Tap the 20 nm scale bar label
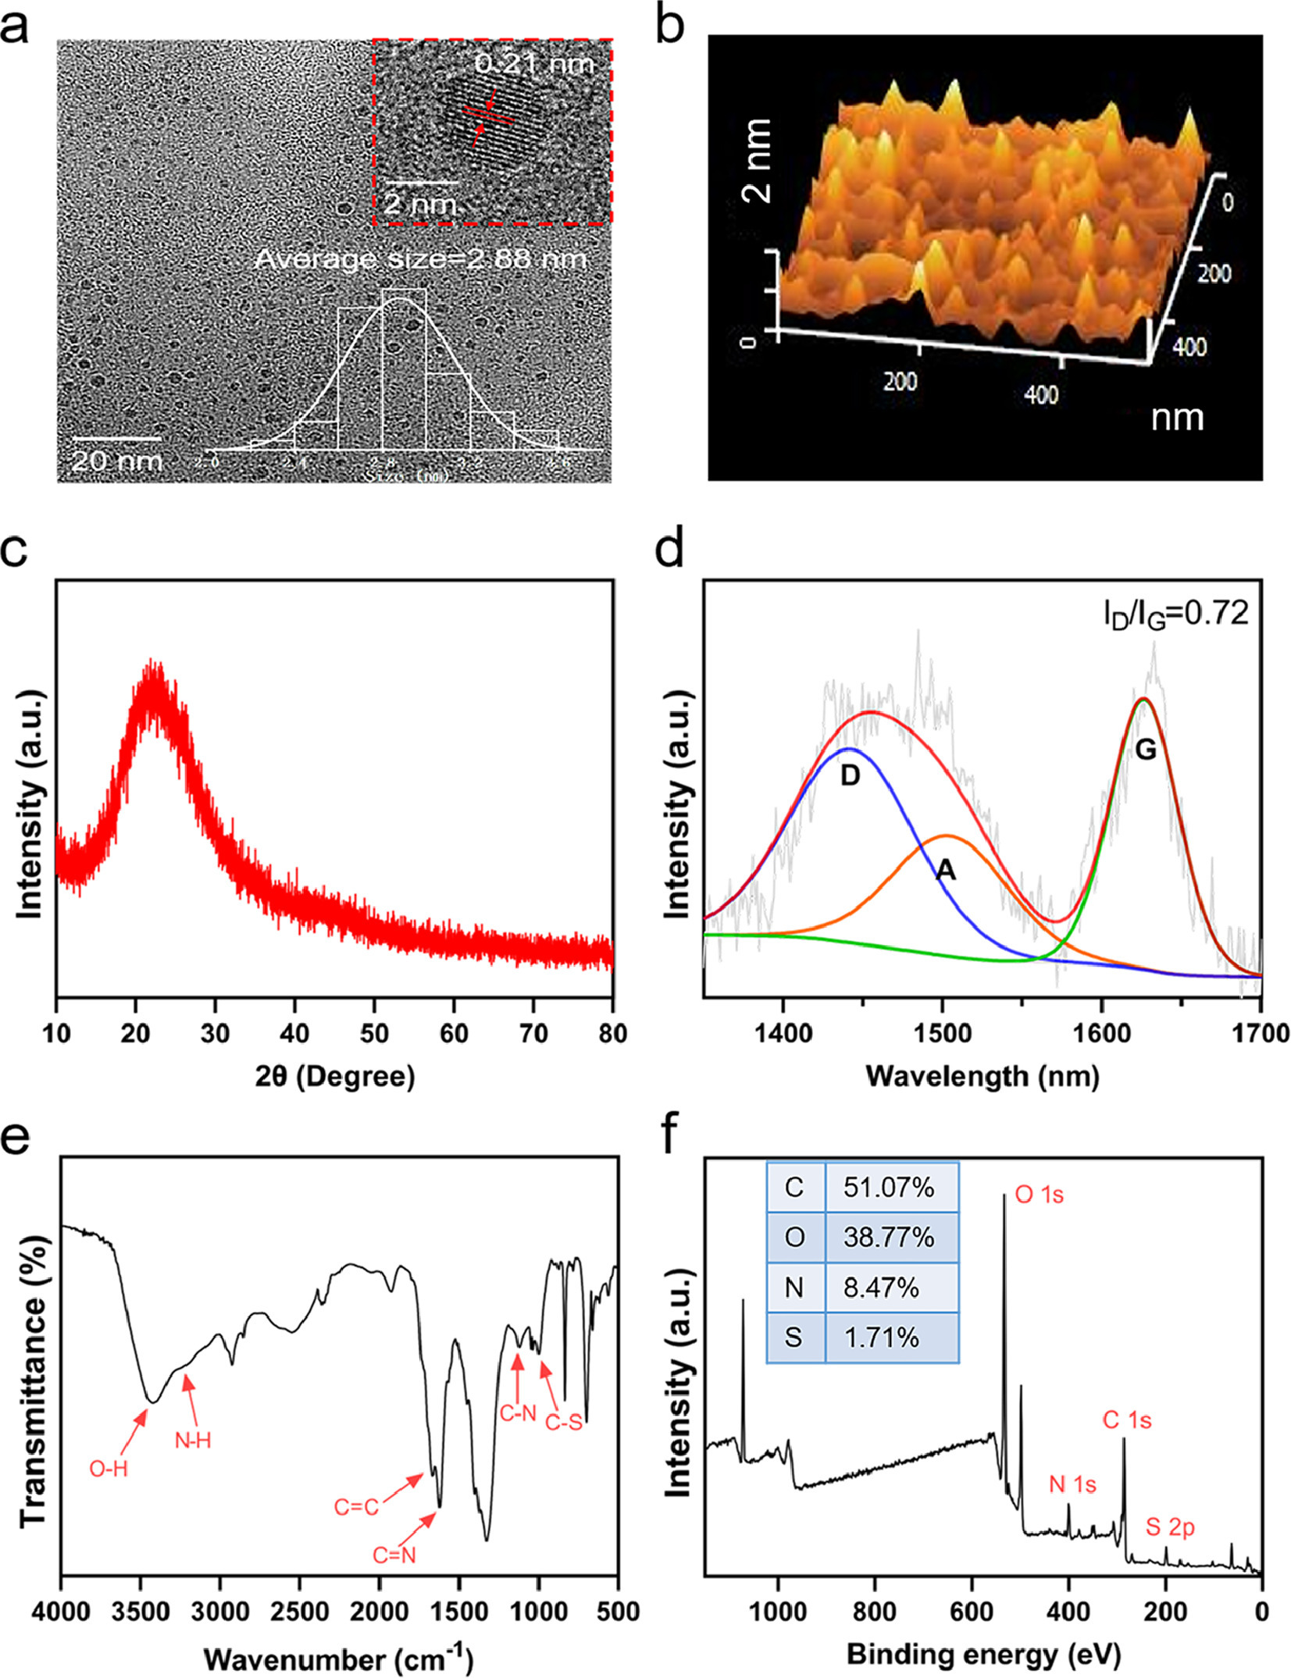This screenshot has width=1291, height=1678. (116, 460)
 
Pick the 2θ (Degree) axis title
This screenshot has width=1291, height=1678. (335, 1077)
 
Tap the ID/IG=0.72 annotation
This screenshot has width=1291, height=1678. (1176, 615)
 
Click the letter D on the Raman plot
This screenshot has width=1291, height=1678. (850, 776)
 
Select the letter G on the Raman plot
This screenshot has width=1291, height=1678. (1145, 750)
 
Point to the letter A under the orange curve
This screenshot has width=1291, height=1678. (946, 870)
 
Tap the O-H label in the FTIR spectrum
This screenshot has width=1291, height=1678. (109, 1470)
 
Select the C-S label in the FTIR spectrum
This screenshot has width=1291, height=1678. (564, 1423)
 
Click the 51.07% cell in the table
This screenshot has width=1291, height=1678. (889, 1188)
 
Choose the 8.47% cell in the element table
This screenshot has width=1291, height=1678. (881, 1288)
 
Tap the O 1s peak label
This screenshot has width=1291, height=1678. (1039, 1195)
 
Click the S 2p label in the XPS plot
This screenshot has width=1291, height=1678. (1170, 1527)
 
